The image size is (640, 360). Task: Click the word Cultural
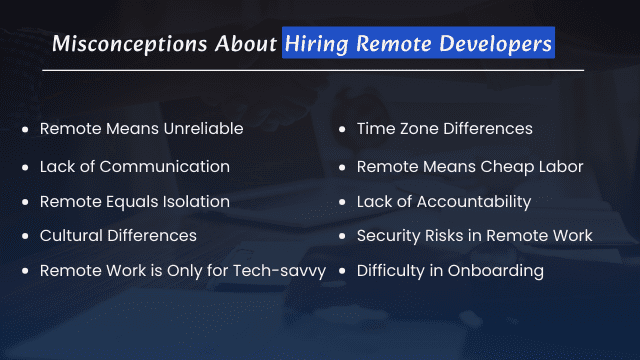tap(69, 236)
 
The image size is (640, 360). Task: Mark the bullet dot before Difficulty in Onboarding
tap(343, 271)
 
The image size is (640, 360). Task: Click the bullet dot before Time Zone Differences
tap(343, 130)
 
